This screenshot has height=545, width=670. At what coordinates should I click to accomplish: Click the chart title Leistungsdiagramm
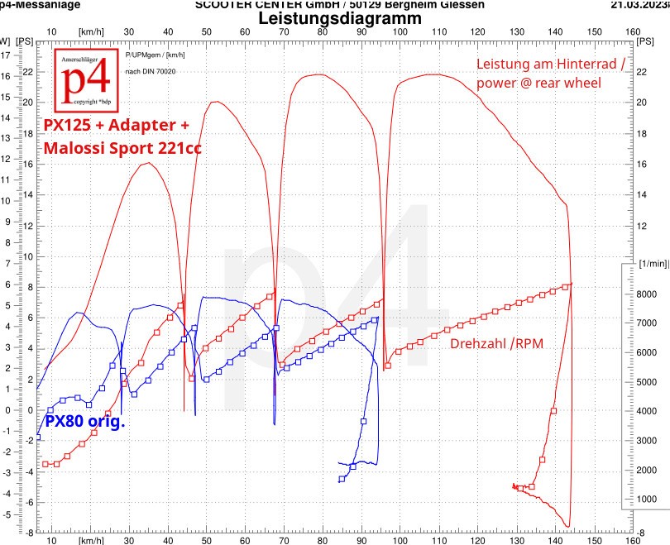[x=340, y=17]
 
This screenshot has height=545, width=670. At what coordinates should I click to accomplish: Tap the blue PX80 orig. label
[x=84, y=421]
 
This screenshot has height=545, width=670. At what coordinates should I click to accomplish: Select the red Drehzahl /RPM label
[x=496, y=343]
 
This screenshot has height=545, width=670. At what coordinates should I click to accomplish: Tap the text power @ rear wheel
[x=538, y=83]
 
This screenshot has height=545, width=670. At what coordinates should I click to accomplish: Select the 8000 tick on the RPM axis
[x=645, y=294]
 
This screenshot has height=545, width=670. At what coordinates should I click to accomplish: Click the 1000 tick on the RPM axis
[x=645, y=499]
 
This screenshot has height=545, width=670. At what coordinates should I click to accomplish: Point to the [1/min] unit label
[x=653, y=263]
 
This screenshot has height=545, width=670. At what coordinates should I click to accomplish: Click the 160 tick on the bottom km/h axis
[x=633, y=540]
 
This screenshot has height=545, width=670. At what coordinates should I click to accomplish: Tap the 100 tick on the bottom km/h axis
[x=400, y=540]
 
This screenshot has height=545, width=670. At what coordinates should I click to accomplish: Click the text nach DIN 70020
[x=149, y=72]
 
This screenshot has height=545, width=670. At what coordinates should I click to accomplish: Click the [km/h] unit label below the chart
[x=92, y=540]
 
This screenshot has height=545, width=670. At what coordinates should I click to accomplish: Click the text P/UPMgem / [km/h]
[x=156, y=55]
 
